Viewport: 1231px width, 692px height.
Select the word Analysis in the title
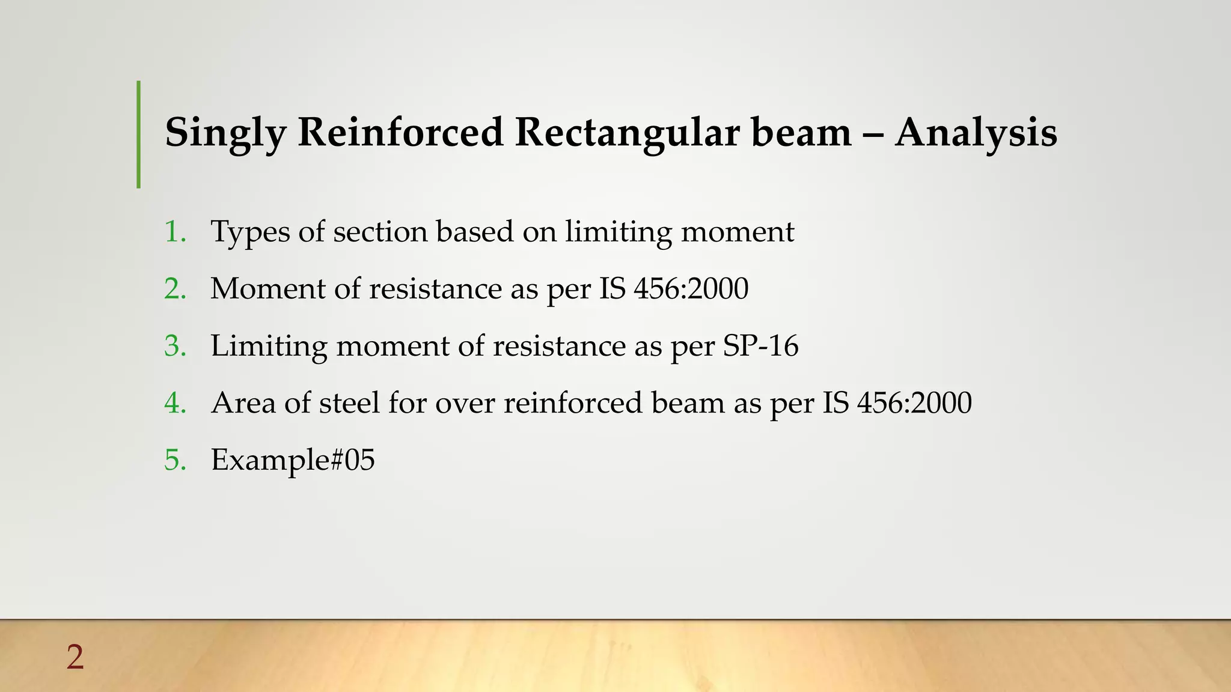point(976,132)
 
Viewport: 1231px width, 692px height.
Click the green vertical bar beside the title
point(139,135)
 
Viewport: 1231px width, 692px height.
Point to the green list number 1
point(175,231)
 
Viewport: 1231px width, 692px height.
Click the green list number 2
point(175,288)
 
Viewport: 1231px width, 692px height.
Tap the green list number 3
point(175,345)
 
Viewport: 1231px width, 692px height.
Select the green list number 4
point(175,402)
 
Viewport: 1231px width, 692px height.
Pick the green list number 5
point(175,460)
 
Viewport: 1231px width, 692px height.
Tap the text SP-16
point(760,345)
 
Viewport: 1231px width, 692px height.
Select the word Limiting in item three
point(269,347)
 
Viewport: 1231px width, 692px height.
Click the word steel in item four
point(349,402)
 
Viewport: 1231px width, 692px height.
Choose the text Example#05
point(293,460)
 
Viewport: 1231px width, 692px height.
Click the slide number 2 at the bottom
point(75,657)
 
